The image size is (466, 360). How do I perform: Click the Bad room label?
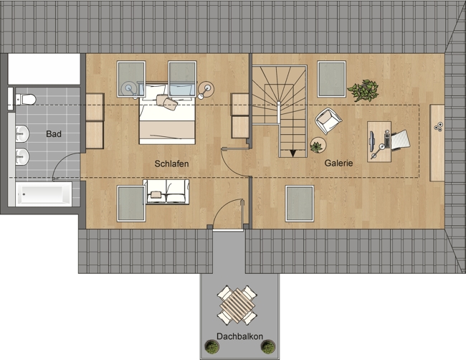[54, 134]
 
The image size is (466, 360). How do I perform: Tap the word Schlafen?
[171, 164]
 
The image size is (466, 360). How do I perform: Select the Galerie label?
[338, 163]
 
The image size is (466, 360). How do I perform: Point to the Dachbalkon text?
[239, 336]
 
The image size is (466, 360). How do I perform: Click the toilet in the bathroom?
[26, 99]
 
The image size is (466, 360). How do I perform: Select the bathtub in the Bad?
[44, 194]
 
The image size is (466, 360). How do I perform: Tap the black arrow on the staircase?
[293, 153]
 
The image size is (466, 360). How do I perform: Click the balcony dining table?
[237, 306]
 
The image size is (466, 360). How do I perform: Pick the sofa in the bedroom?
[166, 191]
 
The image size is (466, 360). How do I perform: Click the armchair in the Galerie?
[328, 121]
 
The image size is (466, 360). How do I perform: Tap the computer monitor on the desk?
[372, 141]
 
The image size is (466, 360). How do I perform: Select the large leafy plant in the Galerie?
[363, 90]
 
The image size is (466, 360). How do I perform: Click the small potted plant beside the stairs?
[318, 146]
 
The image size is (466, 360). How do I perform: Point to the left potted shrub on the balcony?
[212, 347]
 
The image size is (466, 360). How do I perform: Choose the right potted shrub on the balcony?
[268, 347]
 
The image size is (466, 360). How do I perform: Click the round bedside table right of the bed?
[206, 89]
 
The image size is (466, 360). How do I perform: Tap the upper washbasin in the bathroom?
[22, 134]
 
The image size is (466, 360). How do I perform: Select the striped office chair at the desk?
[400, 139]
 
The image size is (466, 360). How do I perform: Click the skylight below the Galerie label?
[300, 204]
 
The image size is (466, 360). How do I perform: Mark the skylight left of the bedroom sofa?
[131, 204]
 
